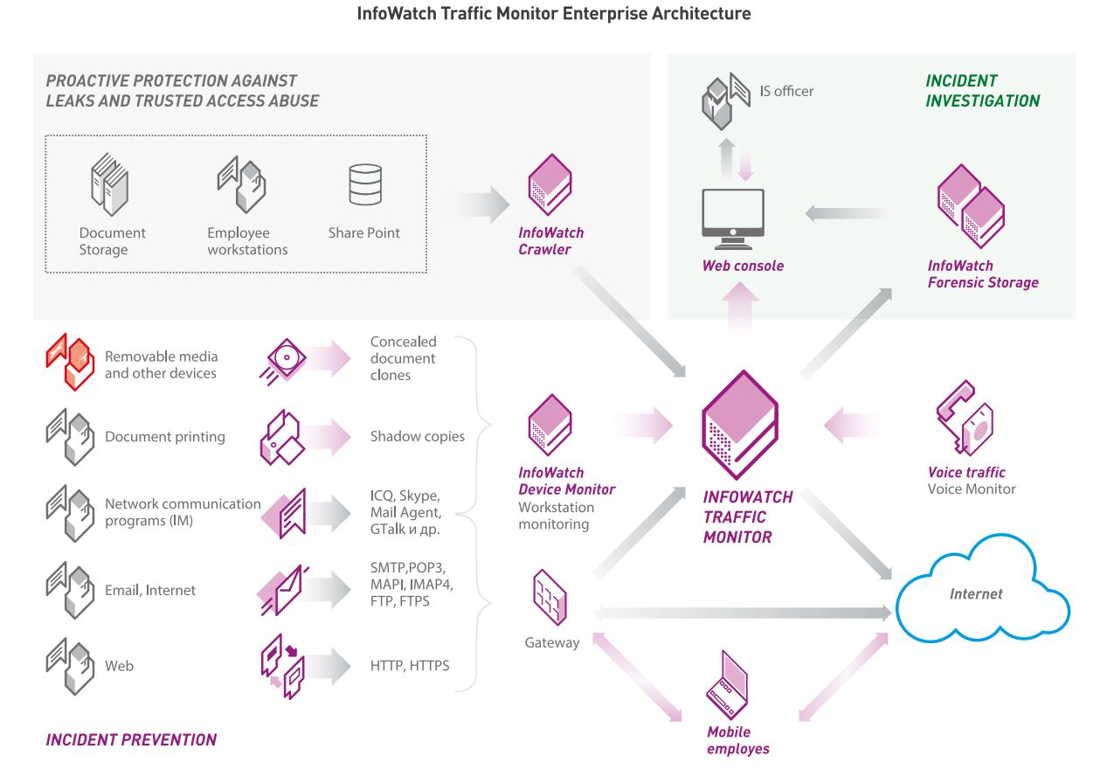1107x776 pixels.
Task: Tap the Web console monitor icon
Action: click(x=732, y=219)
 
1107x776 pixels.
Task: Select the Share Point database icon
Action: click(x=365, y=184)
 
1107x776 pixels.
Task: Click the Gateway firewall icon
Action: click(x=550, y=598)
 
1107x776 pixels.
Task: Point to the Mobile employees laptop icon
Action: click(x=727, y=686)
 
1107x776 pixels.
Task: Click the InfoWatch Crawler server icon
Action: click(x=550, y=185)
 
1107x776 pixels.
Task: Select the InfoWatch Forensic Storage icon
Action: click(x=970, y=206)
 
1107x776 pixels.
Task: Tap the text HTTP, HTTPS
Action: click(x=409, y=666)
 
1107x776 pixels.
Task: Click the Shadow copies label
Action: click(x=417, y=436)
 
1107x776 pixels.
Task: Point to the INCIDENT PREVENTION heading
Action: click(x=131, y=740)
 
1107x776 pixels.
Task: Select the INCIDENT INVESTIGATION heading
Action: click(x=982, y=90)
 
